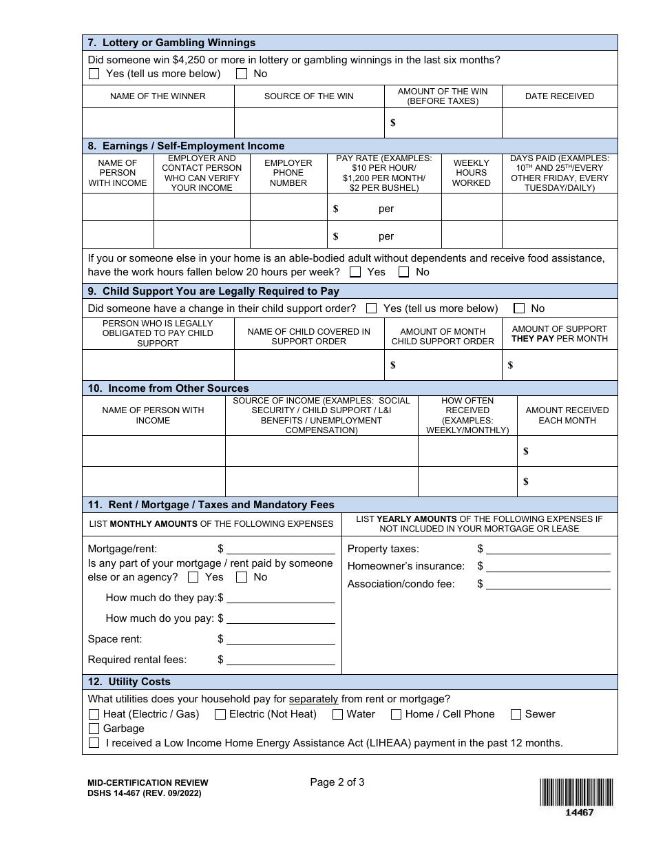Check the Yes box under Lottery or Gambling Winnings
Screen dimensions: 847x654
(x=94, y=74)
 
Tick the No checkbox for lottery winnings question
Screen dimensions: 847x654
(x=242, y=74)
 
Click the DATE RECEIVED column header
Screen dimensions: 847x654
(x=559, y=96)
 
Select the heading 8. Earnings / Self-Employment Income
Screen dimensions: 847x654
(x=186, y=146)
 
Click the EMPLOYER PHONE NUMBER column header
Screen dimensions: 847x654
(x=288, y=173)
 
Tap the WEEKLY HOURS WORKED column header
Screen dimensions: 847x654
(x=472, y=173)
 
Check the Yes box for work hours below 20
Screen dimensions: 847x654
(x=355, y=272)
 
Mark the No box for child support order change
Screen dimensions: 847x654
(x=519, y=309)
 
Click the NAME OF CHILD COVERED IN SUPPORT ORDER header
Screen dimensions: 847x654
(x=308, y=336)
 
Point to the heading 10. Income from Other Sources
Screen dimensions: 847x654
(x=169, y=388)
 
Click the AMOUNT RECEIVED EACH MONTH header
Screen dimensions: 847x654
(x=567, y=415)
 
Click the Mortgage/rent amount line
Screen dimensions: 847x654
(x=280, y=549)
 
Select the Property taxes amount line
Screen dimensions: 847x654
(x=548, y=549)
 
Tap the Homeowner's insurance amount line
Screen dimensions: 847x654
(x=548, y=566)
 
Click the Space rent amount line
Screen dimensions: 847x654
(x=280, y=639)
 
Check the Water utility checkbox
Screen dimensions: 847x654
(x=337, y=715)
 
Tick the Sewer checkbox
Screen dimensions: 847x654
(x=516, y=715)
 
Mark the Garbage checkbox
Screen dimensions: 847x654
(x=94, y=729)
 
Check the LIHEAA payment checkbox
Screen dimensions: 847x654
(x=94, y=743)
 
